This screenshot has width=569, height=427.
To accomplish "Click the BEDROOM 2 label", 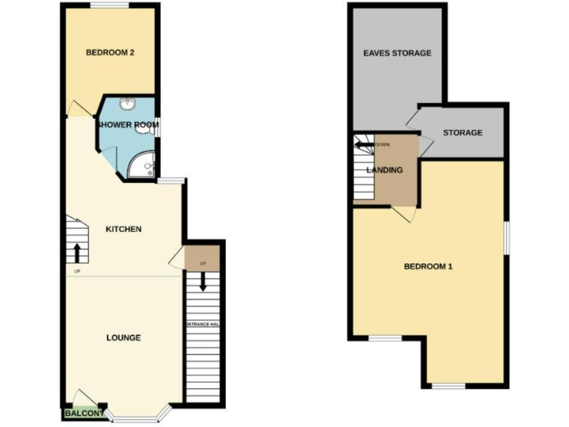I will (x=110, y=53).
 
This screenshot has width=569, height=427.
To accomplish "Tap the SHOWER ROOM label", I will (x=128, y=125).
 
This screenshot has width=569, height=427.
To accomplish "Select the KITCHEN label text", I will (x=124, y=229).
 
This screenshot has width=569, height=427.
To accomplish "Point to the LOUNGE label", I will (x=124, y=338).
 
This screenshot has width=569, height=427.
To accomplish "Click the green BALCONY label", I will (x=83, y=414).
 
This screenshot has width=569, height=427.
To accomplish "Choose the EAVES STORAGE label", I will (x=396, y=53).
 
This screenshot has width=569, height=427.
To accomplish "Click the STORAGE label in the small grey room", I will (x=462, y=133).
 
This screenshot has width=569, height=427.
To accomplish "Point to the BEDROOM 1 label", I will (x=427, y=267).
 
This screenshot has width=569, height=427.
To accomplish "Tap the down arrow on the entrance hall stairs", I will (x=203, y=282).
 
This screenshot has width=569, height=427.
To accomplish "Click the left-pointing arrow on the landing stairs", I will (x=364, y=145).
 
